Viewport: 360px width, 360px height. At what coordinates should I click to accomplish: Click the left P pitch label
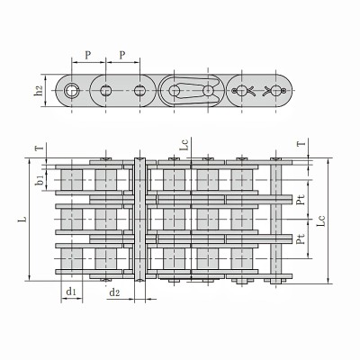pos(87,55)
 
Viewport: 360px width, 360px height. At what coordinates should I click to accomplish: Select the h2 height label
pos(39,90)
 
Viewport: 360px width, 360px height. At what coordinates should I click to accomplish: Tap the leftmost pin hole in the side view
pos(71,90)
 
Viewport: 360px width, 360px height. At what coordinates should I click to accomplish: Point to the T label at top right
pos(309,142)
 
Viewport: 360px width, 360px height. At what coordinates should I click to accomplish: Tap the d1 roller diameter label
pos(69,292)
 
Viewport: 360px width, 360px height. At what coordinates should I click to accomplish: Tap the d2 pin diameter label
pos(114,292)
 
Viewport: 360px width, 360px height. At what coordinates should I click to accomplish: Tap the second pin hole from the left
pos(106,90)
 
